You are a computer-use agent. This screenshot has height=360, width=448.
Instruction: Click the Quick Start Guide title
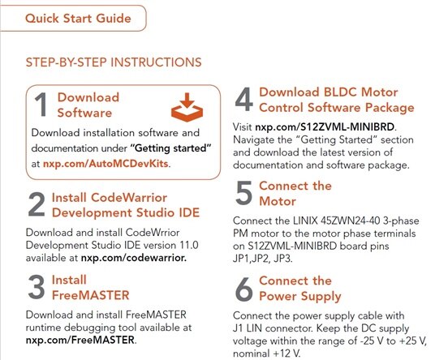point(78,19)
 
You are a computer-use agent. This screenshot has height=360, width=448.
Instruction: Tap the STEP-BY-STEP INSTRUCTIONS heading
point(114,62)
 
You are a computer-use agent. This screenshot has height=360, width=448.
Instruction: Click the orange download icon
point(187,107)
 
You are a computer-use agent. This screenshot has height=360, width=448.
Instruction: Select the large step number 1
point(41,105)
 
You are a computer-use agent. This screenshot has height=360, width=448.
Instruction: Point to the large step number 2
point(37,204)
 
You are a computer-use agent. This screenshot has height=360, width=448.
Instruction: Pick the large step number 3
point(37,287)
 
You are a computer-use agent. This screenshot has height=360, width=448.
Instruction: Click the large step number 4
point(244,100)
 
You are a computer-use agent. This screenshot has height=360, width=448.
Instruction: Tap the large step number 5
point(243,193)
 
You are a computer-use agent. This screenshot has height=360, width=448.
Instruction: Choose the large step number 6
point(244,289)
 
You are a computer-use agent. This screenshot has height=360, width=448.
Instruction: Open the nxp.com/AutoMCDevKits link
point(106,164)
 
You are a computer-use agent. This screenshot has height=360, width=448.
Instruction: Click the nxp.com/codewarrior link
point(134,258)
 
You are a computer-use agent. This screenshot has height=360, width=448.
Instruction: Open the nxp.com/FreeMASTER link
point(80,340)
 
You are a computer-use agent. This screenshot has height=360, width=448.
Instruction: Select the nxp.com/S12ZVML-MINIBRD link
point(325,126)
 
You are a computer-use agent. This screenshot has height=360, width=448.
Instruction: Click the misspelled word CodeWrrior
point(153,233)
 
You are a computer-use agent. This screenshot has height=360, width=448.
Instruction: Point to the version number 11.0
point(188,245)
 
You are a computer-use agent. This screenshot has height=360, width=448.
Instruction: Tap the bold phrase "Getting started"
point(171,148)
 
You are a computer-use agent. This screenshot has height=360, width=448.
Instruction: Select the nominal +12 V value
point(286,354)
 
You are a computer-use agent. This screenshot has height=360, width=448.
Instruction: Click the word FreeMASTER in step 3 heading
point(91,295)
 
